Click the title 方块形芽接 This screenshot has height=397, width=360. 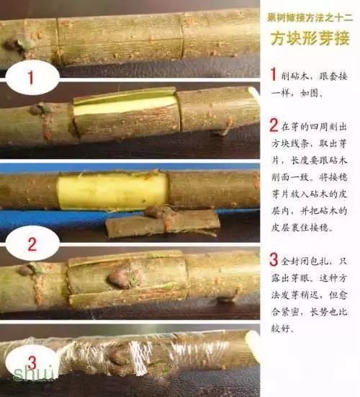pos(310,38)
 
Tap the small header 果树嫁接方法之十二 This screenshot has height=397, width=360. pos(309,15)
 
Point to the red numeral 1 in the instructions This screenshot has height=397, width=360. pos(273,75)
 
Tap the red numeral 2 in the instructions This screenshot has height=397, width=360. pos(274,125)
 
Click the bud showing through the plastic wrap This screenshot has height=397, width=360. pos(122,354)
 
